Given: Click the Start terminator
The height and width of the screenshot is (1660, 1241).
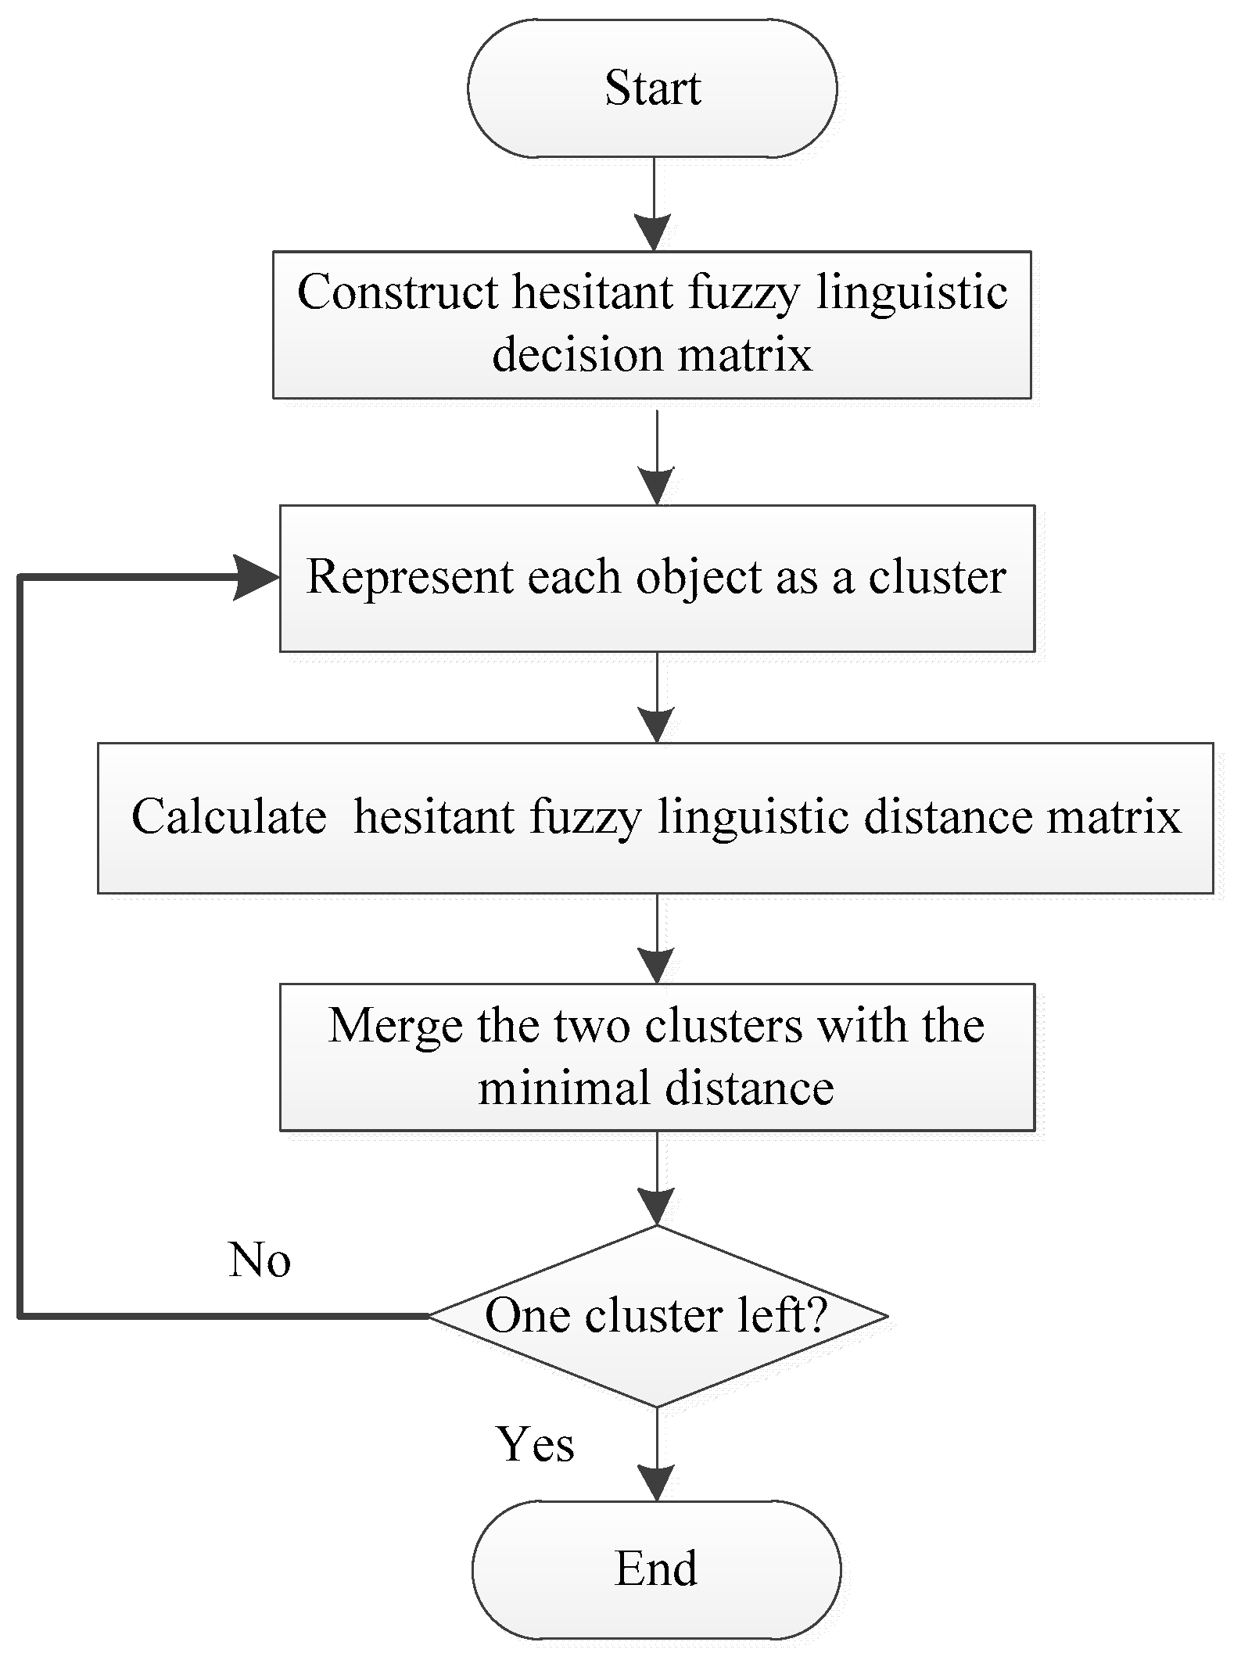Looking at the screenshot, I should (652, 88).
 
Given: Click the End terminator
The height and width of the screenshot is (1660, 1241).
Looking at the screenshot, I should (656, 1569).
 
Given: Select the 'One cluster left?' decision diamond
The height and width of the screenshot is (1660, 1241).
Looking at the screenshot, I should (657, 1317).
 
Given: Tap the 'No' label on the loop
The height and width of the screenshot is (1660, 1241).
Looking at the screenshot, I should (260, 1260).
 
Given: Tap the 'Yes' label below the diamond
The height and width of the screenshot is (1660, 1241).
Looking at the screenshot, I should (536, 1443).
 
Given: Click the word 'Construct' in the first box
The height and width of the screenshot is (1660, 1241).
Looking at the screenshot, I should (397, 292).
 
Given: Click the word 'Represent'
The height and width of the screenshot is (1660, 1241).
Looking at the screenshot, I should (407, 577).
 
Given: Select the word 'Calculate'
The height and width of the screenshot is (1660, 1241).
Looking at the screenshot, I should (228, 817).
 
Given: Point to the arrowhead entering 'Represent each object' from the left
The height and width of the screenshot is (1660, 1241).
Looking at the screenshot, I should (256, 578).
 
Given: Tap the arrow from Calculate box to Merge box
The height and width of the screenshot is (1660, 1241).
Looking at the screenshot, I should (657, 938).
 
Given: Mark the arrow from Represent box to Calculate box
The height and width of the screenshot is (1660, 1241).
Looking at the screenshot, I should (657, 697).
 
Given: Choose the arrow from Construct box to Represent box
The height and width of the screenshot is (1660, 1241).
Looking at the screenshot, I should (657, 457).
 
